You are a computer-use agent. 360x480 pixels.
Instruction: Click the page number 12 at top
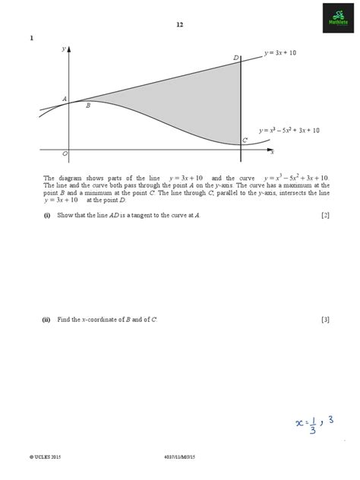(x=179, y=24)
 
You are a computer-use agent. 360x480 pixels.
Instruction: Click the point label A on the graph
(x=64, y=99)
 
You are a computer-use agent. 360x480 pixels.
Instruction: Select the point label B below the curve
(x=88, y=106)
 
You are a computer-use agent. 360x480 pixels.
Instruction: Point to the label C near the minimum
(x=245, y=141)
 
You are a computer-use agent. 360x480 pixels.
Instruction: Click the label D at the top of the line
(x=236, y=58)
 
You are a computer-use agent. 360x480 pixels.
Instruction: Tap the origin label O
(x=65, y=153)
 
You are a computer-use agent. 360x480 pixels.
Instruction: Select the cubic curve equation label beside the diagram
(x=289, y=130)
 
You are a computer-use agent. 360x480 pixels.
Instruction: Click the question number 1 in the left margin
(x=31, y=39)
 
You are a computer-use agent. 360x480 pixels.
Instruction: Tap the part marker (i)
(x=46, y=216)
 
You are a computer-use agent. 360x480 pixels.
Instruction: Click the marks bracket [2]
(x=325, y=216)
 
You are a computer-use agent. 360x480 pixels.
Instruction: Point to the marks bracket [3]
(x=325, y=320)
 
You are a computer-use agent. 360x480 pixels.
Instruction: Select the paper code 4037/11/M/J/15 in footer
(x=179, y=457)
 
